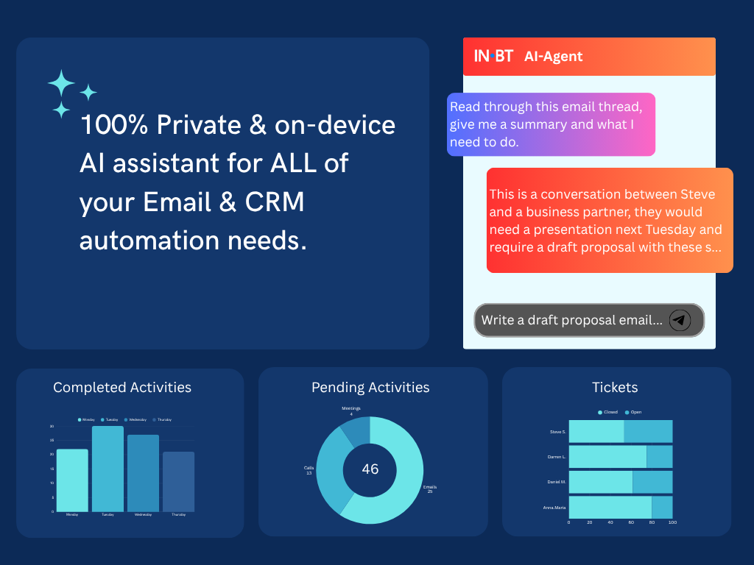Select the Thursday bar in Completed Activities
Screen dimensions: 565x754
(178, 481)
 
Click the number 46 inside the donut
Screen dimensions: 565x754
(370, 469)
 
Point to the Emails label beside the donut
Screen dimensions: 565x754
(429, 487)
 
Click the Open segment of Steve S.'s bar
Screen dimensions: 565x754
(648, 431)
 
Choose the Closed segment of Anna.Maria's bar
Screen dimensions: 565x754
(610, 507)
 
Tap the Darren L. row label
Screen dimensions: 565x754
(557, 457)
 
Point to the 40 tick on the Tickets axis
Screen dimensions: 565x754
(610, 522)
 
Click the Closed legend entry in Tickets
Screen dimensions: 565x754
(607, 412)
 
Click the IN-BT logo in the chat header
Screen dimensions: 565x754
(493, 56)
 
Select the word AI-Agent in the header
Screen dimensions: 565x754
(553, 57)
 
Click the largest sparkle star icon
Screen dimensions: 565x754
(61, 84)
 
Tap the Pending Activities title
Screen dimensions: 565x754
(370, 387)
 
